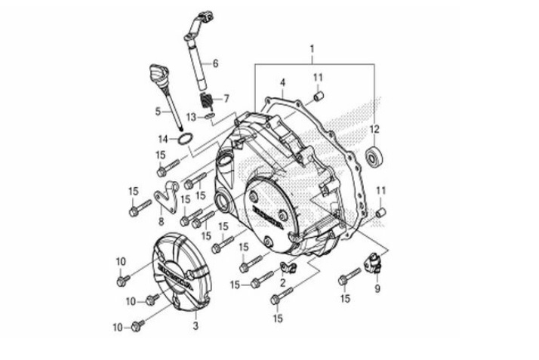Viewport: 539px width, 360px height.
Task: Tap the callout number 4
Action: tap(282, 82)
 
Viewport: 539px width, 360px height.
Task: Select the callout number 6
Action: tap(215, 63)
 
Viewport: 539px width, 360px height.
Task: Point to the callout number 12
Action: tap(375, 128)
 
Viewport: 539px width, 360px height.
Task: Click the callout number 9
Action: tap(377, 288)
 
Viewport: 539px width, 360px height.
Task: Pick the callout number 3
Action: tap(196, 326)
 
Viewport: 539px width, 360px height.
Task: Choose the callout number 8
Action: tap(161, 222)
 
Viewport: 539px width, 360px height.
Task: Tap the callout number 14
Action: tap(162, 139)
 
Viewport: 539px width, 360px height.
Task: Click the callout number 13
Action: tap(192, 116)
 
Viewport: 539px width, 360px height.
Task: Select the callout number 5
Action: tap(159, 112)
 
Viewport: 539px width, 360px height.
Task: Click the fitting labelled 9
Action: tap(372, 264)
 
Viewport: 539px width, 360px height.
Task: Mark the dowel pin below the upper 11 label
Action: tap(319, 96)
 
